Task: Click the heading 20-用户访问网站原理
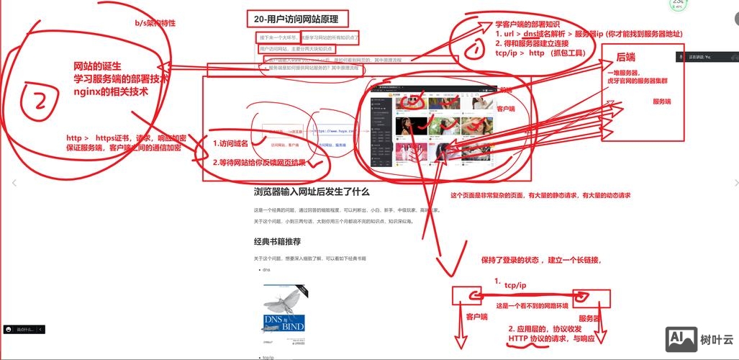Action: pos(296,19)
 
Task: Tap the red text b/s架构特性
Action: pos(155,23)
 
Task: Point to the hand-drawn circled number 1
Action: pos(476,49)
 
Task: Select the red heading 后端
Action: pos(625,57)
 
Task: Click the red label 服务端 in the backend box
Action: pos(662,102)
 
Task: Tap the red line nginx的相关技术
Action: pos(111,91)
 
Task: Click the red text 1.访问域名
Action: pos(233,143)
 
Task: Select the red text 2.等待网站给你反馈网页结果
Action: pos(259,163)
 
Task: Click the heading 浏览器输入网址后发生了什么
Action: pos(312,192)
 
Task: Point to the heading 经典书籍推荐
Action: pos(277,241)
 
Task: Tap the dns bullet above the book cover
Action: pos(266,269)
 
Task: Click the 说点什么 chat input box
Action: pos(24,329)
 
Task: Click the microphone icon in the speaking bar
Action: pos(681,56)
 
